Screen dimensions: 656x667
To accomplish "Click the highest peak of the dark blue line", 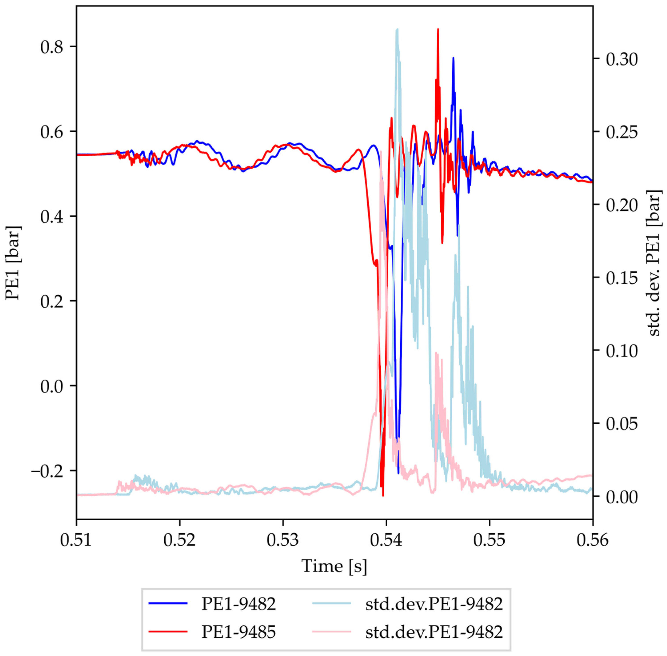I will click(x=453, y=58).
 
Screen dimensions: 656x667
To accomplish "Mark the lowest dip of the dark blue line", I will click(x=398, y=473).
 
